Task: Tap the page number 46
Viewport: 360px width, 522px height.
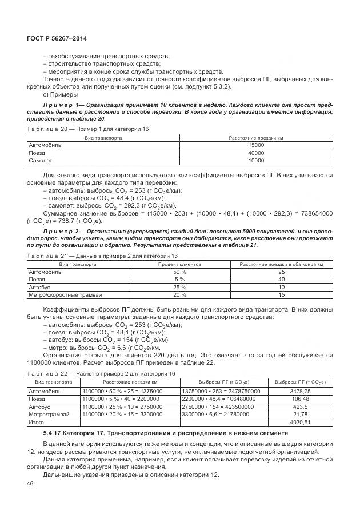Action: click(x=30, y=484)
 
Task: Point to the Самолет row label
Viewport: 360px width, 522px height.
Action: click(x=41, y=160)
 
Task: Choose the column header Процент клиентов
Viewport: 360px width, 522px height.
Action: click(x=179, y=264)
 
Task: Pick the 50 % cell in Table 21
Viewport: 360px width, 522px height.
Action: click(x=179, y=272)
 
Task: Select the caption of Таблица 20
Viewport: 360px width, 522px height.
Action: click(x=88, y=130)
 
